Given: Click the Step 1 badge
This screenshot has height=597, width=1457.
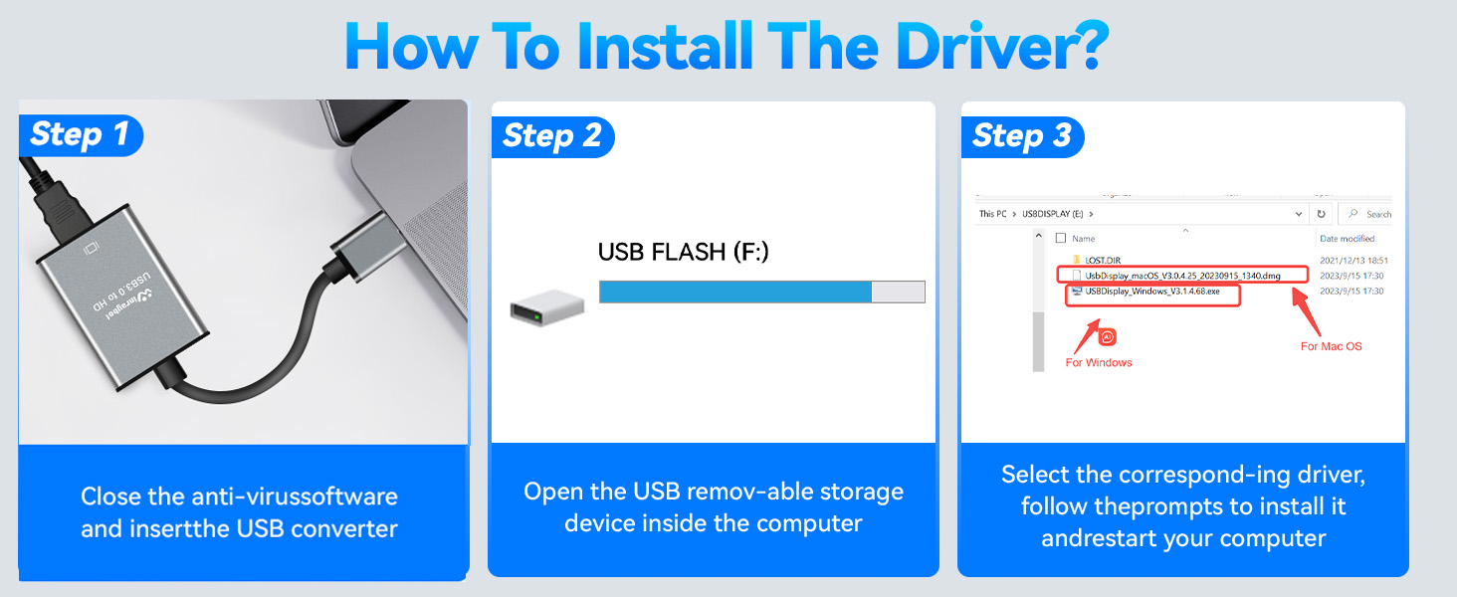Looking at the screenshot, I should point(80,134).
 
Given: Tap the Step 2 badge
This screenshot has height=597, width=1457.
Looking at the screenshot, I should point(552,136).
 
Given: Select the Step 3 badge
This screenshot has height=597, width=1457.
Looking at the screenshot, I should point(1021,136).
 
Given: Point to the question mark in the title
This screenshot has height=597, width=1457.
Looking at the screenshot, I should point(1090,43).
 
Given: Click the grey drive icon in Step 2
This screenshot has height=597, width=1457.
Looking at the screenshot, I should point(542,309).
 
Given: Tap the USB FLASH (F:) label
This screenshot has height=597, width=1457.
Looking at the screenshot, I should point(683,253).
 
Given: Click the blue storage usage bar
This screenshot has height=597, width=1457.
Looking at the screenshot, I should point(735,292).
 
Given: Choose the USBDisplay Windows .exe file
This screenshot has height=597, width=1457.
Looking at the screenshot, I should point(1164,293).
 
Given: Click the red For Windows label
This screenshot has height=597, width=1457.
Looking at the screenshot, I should point(1099,362).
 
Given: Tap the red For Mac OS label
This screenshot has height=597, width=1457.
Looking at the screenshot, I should point(1331,346).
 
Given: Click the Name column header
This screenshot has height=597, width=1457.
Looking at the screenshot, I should point(1083,239).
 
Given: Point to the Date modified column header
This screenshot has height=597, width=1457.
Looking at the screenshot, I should point(1347,239).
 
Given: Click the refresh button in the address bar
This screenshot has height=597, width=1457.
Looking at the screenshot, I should point(1321,214).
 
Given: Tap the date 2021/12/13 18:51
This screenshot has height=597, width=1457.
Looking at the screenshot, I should point(1351,260).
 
